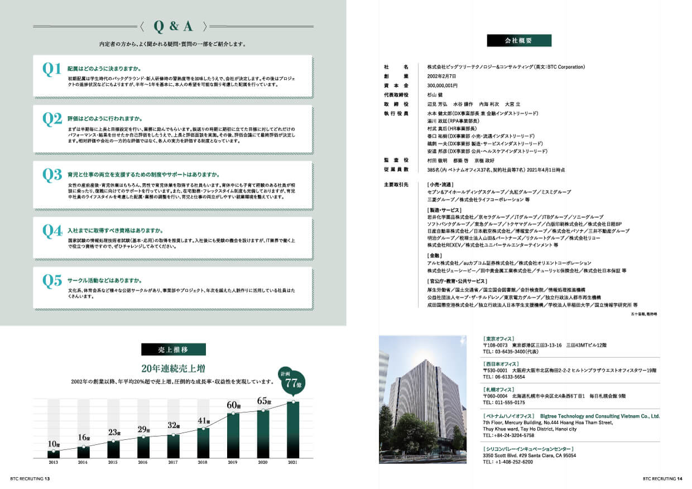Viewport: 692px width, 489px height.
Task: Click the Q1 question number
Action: (x=52, y=69)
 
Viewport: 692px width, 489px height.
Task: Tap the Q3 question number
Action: (x=52, y=175)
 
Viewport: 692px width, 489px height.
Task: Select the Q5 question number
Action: (x=52, y=281)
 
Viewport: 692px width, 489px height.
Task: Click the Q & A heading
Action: (x=173, y=26)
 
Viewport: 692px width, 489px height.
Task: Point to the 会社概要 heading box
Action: (x=519, y=41)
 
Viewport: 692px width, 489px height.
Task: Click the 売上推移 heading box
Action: (x=173, y=349)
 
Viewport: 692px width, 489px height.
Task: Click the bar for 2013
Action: (x=54, y=453)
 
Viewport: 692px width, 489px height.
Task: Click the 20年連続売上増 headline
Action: (x=173, y=368)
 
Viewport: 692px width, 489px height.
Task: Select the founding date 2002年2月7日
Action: (x=443, y=76)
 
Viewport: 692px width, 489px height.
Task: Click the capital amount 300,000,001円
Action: (x=443, y=86)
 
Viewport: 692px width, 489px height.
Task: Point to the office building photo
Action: (x=422, y=399)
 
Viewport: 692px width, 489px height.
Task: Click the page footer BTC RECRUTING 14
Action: (x=663, y=478)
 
